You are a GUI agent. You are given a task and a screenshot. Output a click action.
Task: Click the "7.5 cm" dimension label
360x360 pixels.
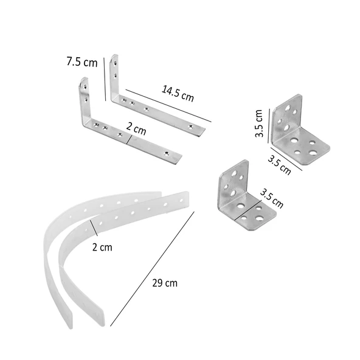pyautogui.click(x=82, y=62)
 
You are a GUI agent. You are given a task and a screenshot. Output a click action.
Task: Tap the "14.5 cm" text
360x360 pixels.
pyautogui.click(x=178, y=94)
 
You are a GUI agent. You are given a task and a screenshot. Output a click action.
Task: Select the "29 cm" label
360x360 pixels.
pyautogui.click(x=165, y=283)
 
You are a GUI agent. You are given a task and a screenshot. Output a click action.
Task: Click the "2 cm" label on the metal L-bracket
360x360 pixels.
pyautogui.click(x=136, y=128)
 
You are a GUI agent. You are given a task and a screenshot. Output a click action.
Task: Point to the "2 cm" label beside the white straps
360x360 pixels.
pyautogui.click(x=102, y=247)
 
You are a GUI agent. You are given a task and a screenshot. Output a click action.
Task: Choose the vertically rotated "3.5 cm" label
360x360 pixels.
pyautogui.click(x=259, y=123)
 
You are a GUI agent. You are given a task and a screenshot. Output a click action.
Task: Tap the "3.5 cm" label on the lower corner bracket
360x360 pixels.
pyautogui.click(x=272, y=199)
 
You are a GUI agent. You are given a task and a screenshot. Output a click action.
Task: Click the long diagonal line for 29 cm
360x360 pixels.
pyautogui.click(x=152, y=269)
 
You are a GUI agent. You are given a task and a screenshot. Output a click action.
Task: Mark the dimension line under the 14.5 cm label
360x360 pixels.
pyautogui.click(x=168, y=106)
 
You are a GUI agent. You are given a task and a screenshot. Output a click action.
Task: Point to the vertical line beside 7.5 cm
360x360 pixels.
pyautogui.click(x=105, y=79)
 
